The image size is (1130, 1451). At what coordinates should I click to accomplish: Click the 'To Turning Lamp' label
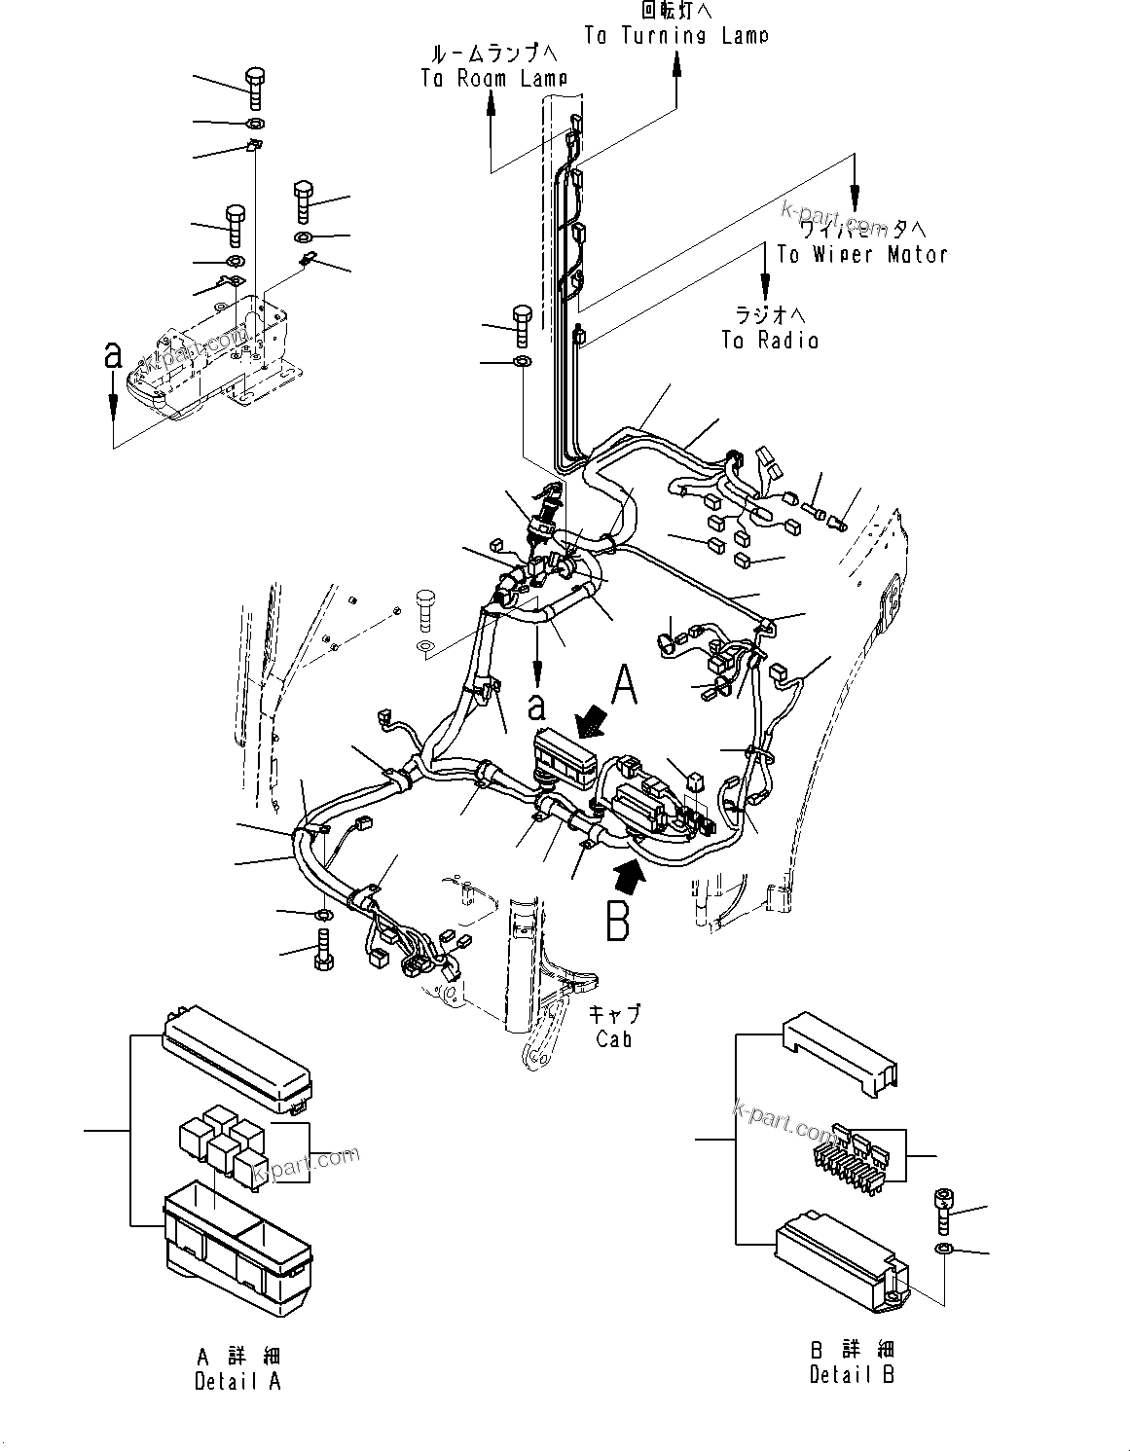coord(675,35)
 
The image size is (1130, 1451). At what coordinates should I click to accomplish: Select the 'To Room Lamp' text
coord(493,79)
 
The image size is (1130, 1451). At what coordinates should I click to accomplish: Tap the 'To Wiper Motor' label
coord(861,254)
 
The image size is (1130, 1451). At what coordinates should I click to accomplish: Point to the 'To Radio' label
coord(769,340)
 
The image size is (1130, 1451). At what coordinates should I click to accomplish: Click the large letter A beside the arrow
coord(623,686)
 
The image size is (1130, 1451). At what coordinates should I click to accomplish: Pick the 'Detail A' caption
coord(237,1381)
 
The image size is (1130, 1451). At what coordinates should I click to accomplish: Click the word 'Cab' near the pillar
coord(614,1039)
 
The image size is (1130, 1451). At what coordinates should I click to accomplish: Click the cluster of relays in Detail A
coord(222,1148)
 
